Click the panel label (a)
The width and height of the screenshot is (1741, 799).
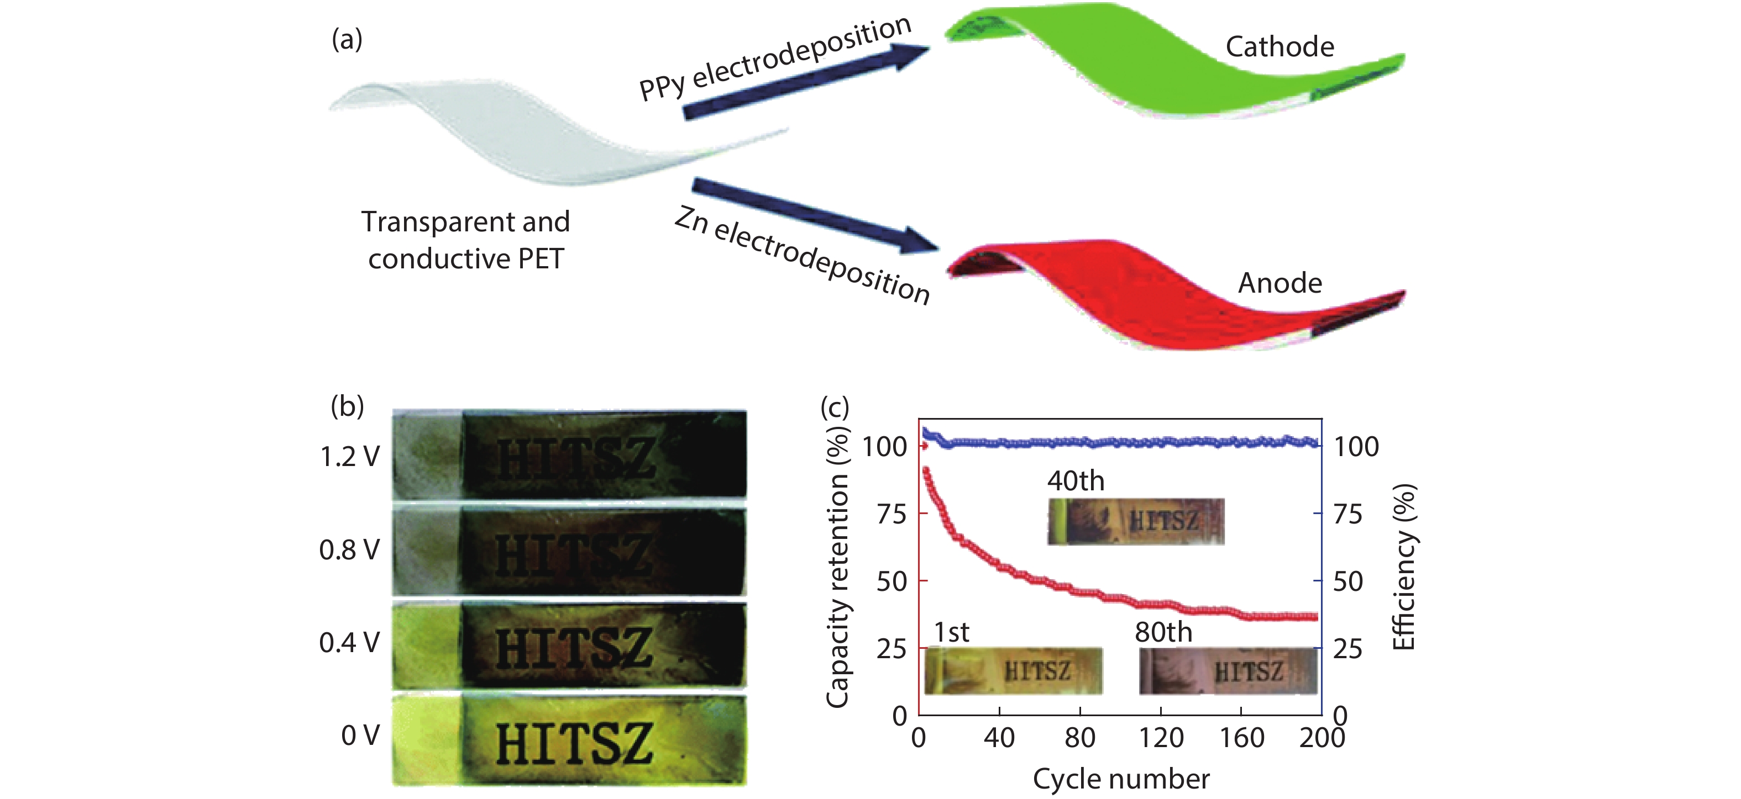point(347,40)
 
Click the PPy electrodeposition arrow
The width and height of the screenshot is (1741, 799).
point(804,81)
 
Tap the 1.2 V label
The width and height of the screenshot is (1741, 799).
point(349,457)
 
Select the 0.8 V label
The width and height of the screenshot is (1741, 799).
point(349,550)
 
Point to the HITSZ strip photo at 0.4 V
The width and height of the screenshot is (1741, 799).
point(569,645)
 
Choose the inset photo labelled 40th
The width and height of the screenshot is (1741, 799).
point(1135,521)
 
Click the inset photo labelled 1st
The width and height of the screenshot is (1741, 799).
point(1013,671)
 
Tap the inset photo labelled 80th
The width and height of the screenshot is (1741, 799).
point(1228,671)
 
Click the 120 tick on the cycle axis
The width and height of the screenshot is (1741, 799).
point(1161,738)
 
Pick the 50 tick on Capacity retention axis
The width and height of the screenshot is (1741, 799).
point(892,581)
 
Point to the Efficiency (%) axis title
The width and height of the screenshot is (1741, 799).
point(1404,567)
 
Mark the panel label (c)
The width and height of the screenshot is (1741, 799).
point(834,408)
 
